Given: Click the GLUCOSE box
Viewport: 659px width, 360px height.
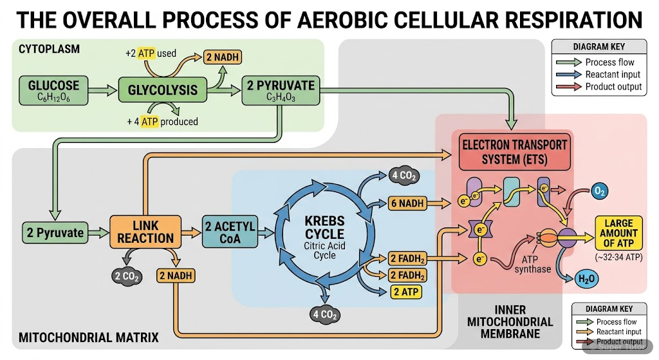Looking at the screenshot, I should (x=53, y=91).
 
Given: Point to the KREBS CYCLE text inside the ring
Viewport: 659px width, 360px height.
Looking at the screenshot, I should (x=324, y=227).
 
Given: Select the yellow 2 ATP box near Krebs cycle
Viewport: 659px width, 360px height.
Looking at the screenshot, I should (x=407, y=292).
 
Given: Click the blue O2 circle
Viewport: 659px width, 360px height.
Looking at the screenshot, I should (x=598, y=191).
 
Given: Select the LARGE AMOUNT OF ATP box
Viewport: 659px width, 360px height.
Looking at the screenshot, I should (x=620, y=233).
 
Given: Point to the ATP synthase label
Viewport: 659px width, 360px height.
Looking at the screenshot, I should (x=533, y=264).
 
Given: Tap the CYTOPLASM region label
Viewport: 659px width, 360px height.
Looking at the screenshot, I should (x=50, y=50).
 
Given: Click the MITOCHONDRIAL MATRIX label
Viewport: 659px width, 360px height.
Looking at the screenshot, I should (x=89, y=337).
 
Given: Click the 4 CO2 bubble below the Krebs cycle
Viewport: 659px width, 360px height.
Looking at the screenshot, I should (x=325, y=315).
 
